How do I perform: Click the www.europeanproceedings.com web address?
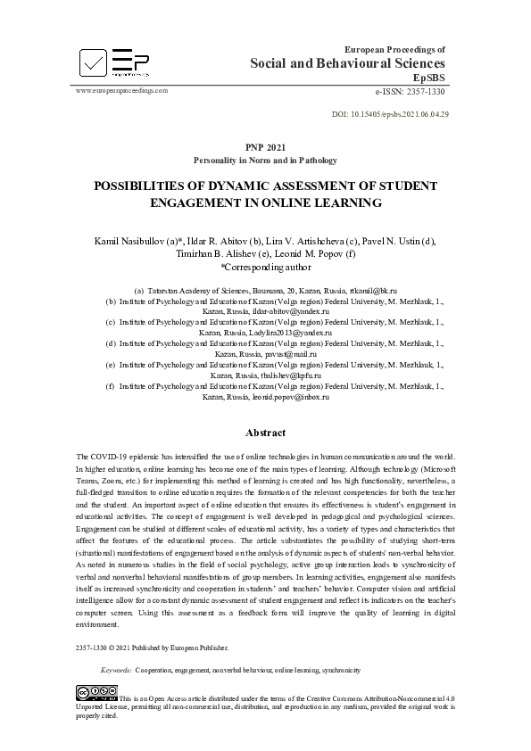click(x=122, y=91)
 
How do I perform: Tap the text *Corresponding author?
click(x=265, y=266)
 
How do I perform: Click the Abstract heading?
click(x=265, y=433)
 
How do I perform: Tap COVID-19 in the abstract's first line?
click(x=112, y=457)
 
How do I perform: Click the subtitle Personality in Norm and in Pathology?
click(x=265, y=161)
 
